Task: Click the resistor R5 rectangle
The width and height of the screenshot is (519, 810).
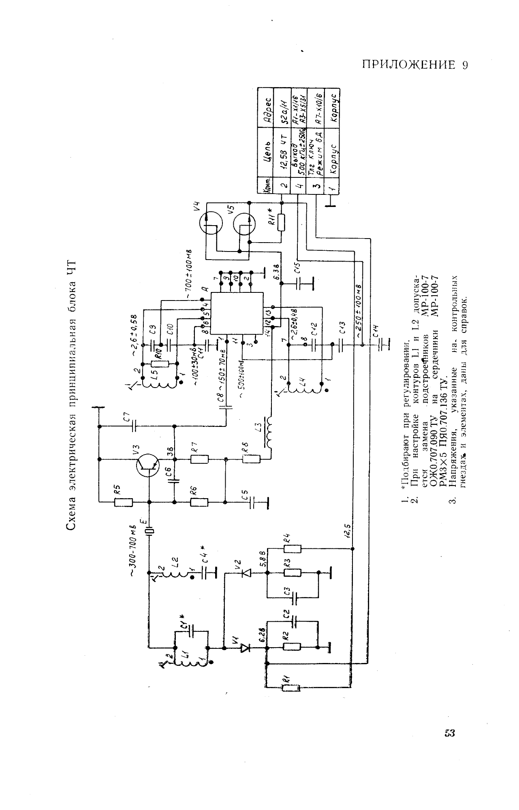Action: (123, 502)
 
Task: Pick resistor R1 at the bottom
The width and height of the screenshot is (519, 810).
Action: (290, 688)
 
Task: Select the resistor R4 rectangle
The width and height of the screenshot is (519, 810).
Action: (292, 549)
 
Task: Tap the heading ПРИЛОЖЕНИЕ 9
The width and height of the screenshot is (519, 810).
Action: (415, 66)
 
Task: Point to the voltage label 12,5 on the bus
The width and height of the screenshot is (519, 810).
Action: (348, 529)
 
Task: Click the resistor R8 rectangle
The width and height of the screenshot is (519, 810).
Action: (252, 459)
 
